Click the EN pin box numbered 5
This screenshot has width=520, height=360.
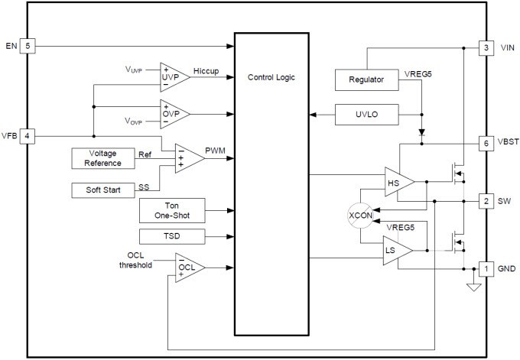tap(28, 47)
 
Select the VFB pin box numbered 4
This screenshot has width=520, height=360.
tap(28, 136)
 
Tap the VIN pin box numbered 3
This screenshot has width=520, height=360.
tap(485, 47)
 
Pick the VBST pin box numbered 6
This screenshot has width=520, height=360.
tap(485, 143)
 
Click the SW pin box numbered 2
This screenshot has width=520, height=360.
tap(485, 201)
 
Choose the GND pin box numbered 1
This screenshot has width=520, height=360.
tap(485, 268)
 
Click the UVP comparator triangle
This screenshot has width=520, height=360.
tap(172, 78)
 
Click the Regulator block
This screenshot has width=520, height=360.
tap(366, 80)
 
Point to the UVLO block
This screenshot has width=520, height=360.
tap(366, 115)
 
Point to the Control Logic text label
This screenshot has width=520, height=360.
tap(271, 77)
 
